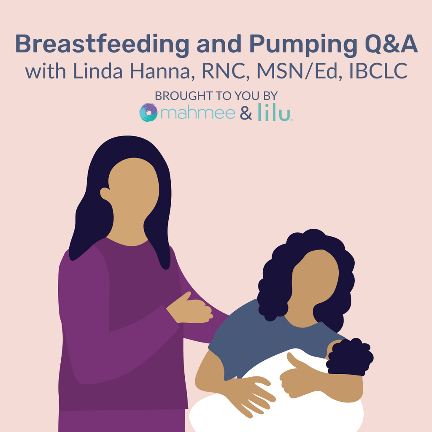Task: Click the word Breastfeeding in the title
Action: coord(102,44)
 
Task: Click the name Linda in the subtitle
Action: coord(97,71)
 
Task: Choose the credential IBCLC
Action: coord(378,71)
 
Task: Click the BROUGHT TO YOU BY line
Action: coord(216,96)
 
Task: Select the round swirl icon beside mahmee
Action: coord(148,113)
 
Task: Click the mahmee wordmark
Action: coord(198,113)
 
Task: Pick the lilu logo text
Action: coord(275,112)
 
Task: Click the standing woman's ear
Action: coord(105,194)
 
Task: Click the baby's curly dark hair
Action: coord(350,357)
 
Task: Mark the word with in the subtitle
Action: coord(46,71)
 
